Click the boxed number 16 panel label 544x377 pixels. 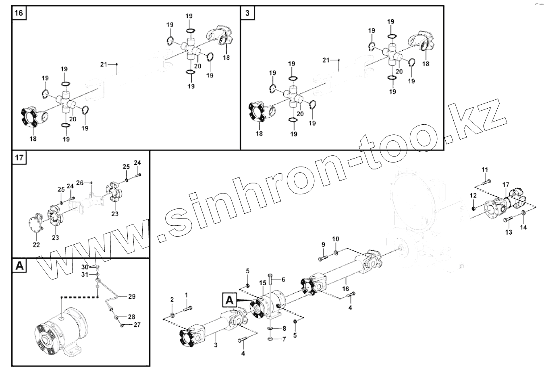click(19, 13)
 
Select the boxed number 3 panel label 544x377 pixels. click(247, 13)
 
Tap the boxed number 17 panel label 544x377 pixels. click(19, 157)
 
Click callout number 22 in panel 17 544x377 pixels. click(36, 245)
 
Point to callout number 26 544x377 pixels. click(80, 183)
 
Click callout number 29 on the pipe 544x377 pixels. click(132, 297)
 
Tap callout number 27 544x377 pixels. click(137, 325)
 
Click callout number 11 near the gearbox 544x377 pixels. click(485, 169)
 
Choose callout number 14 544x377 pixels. click(523, 227)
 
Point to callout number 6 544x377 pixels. click(283, 279)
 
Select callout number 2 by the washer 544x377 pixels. click(172, 300)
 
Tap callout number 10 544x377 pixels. click(336, 239)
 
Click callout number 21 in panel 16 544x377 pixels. click(104, 64)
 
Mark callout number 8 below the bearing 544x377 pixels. click(284, 328)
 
